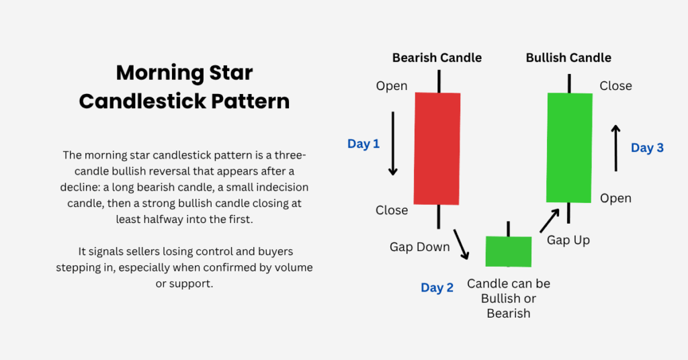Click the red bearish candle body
437,148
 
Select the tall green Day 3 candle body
570,148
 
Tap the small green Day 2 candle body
509,251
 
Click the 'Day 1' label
363,144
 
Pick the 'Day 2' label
437,287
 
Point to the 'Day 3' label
647,148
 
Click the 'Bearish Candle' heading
437,58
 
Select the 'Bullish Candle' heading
568,58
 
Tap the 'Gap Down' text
420,247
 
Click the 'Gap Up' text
568,240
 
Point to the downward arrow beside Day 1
392,143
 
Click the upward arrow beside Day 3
616,148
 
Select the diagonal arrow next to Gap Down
461,244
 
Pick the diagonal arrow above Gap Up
550,220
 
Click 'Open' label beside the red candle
392,86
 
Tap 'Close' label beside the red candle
392,210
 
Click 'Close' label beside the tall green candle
616,86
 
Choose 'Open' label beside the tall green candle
616,198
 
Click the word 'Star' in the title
231,73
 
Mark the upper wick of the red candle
439,81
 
